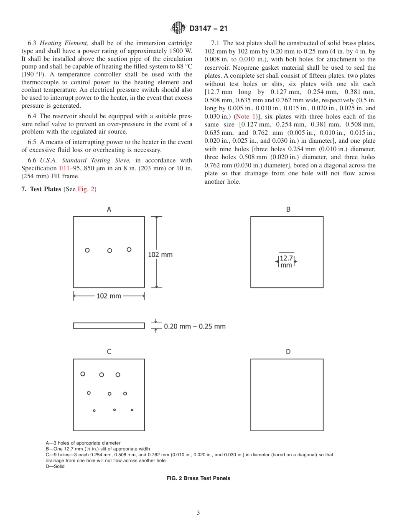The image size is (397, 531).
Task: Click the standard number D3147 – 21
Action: point(208,29)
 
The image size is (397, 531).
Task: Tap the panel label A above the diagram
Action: point(109,210)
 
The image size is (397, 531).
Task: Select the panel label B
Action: point(288,210)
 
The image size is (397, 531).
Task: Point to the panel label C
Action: point(109,352)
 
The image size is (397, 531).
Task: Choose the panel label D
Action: point(288,352)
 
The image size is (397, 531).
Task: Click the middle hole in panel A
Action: point(109,250)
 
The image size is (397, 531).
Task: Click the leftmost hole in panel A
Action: point(87,250)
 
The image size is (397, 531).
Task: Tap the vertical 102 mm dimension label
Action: point(160,254)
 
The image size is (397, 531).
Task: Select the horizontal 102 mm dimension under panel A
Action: point(109,296)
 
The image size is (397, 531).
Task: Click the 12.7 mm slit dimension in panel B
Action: point(286,261)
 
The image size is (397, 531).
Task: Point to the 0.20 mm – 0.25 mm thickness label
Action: point(195,326)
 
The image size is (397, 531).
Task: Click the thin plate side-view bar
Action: point(109,326)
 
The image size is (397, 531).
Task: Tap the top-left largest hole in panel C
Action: point(83,374)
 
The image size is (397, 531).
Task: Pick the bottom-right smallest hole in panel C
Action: point(132,410)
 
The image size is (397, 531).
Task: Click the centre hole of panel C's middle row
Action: point(109,394)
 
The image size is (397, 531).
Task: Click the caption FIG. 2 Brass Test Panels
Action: point(198,478)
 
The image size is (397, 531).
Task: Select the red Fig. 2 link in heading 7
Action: point(86,189)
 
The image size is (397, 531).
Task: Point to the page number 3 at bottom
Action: point(198,513)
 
